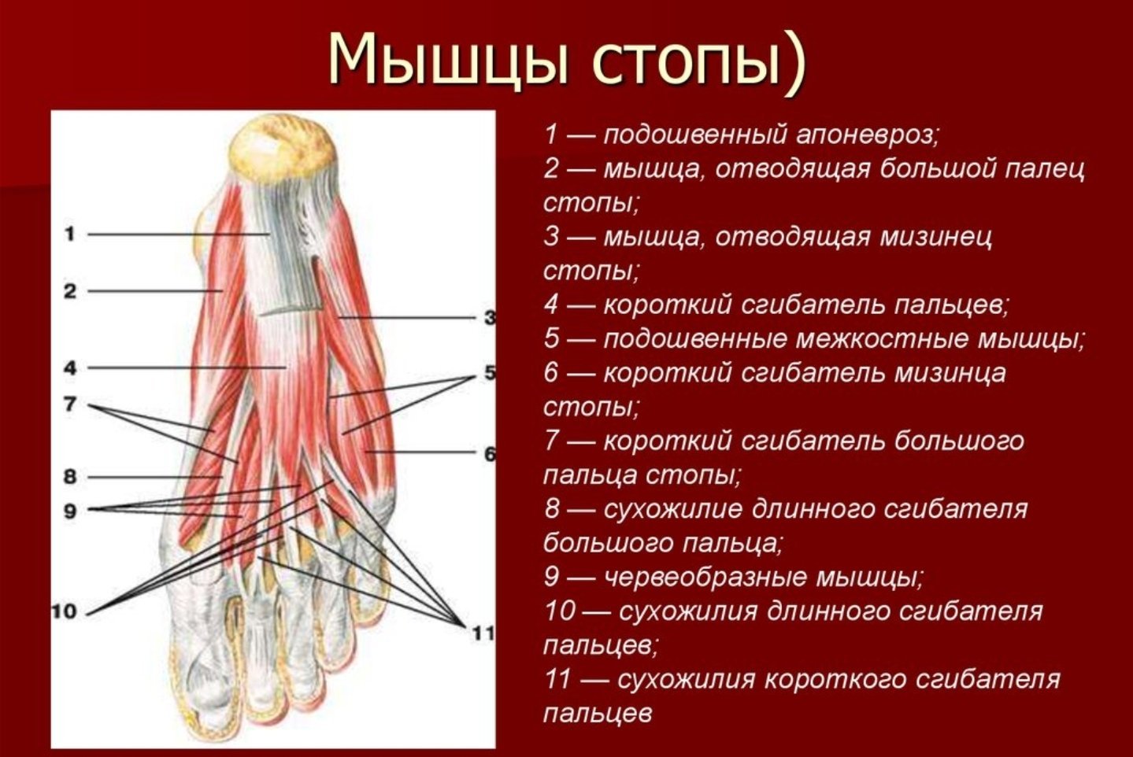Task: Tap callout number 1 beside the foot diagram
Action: (x=70, y=234)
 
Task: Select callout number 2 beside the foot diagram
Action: (x=70, y=291)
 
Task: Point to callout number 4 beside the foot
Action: (x=70, y=367)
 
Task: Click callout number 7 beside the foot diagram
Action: (x=70, y=404)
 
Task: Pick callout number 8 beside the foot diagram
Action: (x=70, y=476)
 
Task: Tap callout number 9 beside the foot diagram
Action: (x=70, y=511)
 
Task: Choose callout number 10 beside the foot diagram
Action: (x=65, y=612)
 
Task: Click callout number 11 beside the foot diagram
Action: (x=483, y=633)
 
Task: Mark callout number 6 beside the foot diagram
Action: (x=490, y=453)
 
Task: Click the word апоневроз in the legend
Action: (x=867, y=135)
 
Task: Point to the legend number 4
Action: (x=551, y=305)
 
